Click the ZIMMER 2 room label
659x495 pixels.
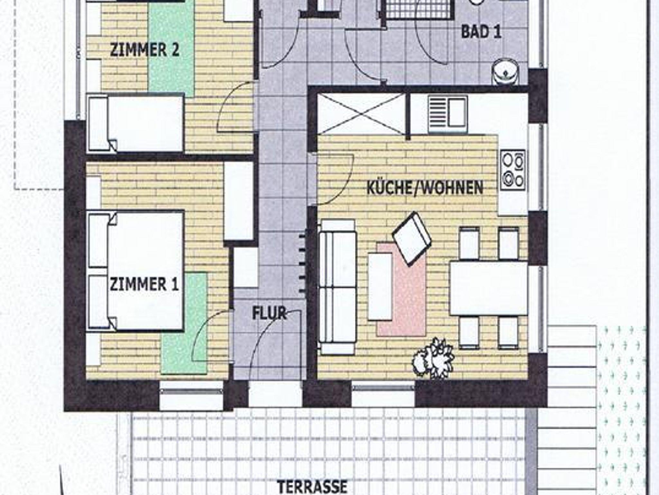point(144,51)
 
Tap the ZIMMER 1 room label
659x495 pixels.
point(144,285)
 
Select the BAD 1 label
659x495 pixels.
point(481,32)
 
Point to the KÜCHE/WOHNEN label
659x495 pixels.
point(425,188)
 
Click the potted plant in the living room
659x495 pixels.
point(433,357)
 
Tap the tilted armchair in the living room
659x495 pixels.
point(412,238)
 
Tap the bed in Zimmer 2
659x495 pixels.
point(135,123)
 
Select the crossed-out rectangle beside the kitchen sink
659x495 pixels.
point(361,114)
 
